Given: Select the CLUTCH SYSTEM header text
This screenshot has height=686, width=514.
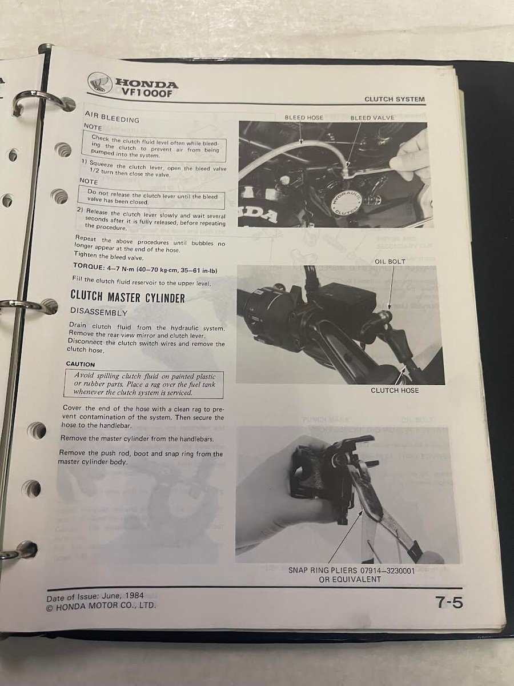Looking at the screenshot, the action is coord(395,99).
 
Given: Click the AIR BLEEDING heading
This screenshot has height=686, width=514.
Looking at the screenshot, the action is coord(112,117).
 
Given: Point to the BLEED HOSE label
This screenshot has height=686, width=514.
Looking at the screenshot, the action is coord(304,118).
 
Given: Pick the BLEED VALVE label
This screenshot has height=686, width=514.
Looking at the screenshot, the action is coord(372,118).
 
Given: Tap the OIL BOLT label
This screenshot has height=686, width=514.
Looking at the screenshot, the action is coord(390,261).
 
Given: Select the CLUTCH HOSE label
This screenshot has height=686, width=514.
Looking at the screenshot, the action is coord(395,390).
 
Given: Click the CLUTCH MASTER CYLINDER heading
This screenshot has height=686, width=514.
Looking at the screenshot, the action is coord(127,296).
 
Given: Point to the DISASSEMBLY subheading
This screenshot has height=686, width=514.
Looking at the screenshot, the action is coord(99,312).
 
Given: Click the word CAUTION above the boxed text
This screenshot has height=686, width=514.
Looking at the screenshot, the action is coord(80,364).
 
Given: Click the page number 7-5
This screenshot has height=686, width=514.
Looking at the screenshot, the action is coord(449,603).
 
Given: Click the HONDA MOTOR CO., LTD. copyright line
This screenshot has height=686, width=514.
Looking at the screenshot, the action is coord(101,605).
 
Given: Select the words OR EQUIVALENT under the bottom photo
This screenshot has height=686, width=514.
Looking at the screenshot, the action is coord(350,580).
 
